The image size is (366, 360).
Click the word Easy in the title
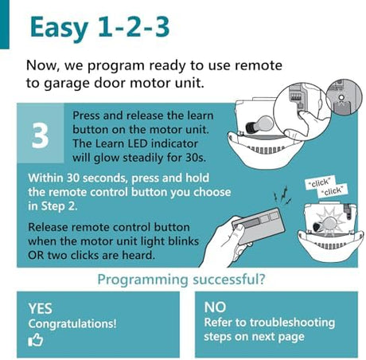click(59, 28)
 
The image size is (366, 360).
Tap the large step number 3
click(40, 135)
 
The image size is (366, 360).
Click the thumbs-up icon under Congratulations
click(36, 340)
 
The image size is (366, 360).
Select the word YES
click(41, 308)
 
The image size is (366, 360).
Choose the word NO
click(215, 307)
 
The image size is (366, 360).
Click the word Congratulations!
click(72, 324)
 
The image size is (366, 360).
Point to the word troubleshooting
click(292, 323)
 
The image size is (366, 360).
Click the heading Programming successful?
click(181, 280)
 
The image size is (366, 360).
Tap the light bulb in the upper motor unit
click(259, 125)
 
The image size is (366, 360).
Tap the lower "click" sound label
click(333, 190)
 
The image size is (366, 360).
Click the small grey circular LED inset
click(344, 98)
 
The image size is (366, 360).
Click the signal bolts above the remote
click(283, 194)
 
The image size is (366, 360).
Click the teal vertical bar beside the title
click(5, 25)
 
